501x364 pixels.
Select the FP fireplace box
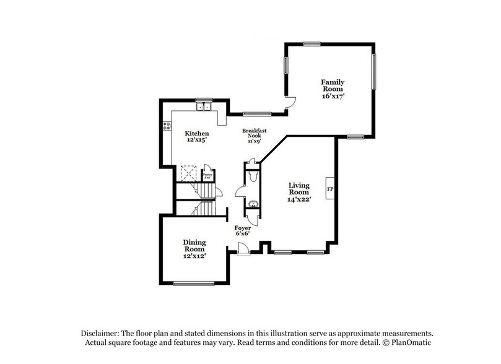tap(330, 188)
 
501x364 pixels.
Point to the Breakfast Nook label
tap(254, 134)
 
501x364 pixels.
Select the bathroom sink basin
tap(252, 204)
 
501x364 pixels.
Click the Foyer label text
tap(243, 228)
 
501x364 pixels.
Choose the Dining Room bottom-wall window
tap(193, 284)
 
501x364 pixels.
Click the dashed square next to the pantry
tap(188, 174)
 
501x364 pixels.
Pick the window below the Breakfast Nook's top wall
tap(255, 114)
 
